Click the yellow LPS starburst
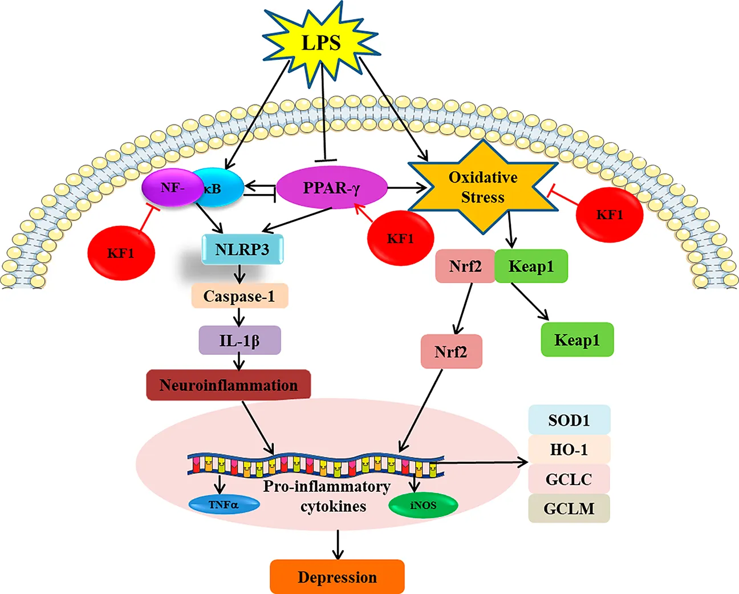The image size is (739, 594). click(x=321, y=43)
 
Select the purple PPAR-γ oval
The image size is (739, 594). click(x=331, y=187)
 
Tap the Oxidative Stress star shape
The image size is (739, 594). click(x=483, y=187)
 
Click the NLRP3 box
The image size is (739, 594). click(x=242, y=249)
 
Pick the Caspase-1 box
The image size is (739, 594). click(x=239, y=296)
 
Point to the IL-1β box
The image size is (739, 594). click(x=239, y=341)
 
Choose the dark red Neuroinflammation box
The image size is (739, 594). click(x=229, y=385)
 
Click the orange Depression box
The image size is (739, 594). click(x=337, y=577)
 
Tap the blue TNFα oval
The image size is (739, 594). click(x=224, y=504)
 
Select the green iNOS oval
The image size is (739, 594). click(x=423, y=506)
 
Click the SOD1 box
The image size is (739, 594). click(x=569, y=420)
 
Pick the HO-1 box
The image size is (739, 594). click(x=569, y=450)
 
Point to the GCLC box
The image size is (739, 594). click(x=569, y=479)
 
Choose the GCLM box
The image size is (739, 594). click(x=569, y=508)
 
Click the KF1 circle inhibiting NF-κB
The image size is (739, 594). click(x=121, y=253)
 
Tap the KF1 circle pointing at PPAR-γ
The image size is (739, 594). click(x=400, y=239)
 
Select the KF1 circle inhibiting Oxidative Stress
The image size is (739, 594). click(x=610, y=215)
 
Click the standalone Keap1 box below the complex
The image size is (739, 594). click(x=577, y=340)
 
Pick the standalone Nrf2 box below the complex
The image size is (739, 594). click(x=451, y=351)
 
